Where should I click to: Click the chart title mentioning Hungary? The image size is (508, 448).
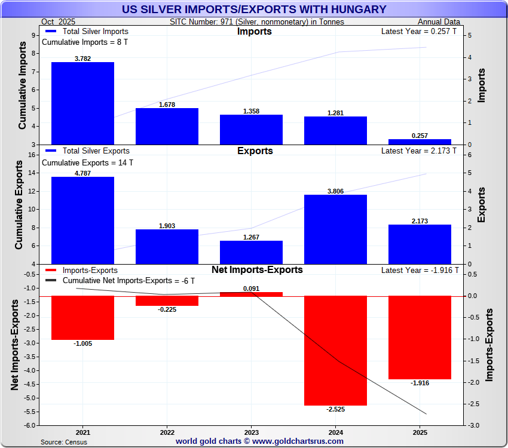click(253, 10)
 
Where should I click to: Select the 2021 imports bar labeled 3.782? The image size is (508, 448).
click(82, 103)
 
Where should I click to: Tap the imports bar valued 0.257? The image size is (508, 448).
click(420, 142)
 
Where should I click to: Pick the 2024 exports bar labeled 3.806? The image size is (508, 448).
click(335, 229)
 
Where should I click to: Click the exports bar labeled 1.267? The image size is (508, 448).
click(251, 252)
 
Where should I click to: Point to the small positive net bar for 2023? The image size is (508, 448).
click(251, 294)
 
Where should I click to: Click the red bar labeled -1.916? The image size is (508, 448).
click(420, 337)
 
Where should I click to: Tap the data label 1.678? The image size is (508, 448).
click(167, 105)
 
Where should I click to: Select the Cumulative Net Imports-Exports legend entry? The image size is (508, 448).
click(128, 280)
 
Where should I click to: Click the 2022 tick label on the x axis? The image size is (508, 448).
click(167, 432)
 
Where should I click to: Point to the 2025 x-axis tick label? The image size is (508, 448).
click(420, 432)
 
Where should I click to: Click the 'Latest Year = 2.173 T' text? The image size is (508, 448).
click(418, 151)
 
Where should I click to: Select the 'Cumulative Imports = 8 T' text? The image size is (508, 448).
click(84, 42)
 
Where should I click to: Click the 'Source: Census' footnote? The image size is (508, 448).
click(64, 442)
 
